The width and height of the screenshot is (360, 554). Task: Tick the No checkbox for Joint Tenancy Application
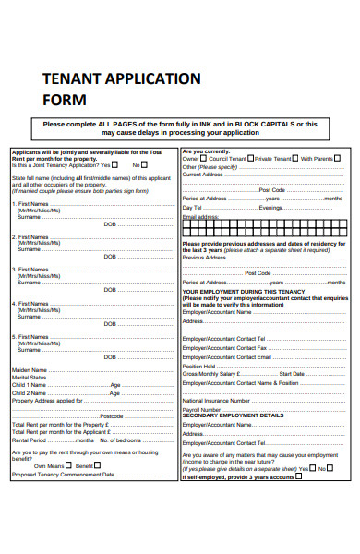tap(143, 165)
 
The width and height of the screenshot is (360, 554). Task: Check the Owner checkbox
tap(204, 159)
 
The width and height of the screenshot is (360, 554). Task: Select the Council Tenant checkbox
tap(251, 159)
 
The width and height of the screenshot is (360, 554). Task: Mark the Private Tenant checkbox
tap(296, 159)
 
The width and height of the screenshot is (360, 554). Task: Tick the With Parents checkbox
tap(338, 159)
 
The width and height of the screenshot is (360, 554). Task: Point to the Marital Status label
tap(30, 377)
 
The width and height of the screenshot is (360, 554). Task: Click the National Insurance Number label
tap(215, 401)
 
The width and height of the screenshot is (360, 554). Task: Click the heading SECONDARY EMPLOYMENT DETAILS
tap(233, 416)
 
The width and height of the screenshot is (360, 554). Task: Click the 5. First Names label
tap(32, 336)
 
